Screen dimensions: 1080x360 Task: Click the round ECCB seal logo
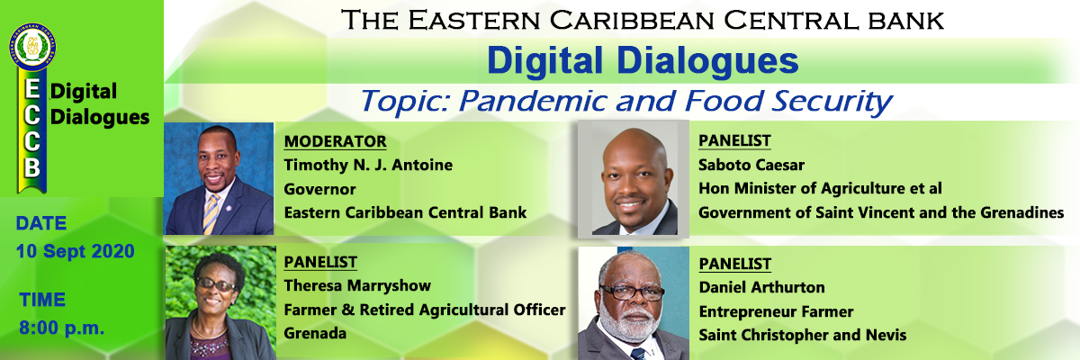pos(32,47)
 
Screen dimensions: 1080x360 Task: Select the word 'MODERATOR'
pos(335,141)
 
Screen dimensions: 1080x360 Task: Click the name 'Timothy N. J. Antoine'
pos(368,165)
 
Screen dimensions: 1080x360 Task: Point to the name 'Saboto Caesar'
pos(751,165)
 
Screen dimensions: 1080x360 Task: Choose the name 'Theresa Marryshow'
pos(357,285)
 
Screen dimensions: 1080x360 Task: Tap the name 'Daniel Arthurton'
pos(761,287)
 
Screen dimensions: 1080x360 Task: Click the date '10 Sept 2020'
pos(76,251)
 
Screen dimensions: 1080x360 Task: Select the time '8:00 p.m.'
pos(62,328)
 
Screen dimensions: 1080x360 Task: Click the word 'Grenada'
pos(315,333)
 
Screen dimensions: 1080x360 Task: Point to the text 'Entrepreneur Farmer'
pos(776,311)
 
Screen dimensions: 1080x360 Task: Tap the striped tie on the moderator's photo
pos(211,212)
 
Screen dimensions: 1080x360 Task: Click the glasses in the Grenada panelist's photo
pos(215,284)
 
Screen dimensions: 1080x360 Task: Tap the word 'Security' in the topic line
pos(832,102)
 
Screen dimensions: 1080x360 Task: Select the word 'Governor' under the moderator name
pos(319,189)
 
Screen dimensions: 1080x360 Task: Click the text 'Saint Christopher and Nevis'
pos(803,335)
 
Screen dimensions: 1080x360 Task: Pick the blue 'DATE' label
pos(41,223)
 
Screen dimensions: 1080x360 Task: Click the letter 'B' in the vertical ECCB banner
pos(32,167)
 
